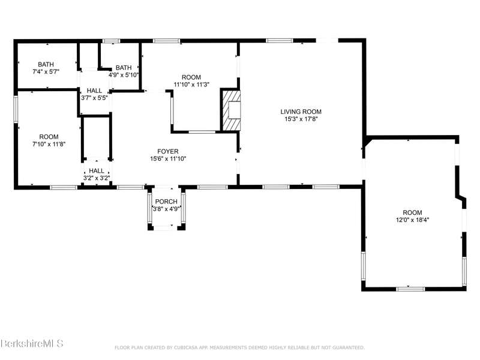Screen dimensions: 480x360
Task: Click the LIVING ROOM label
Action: (x=301, y=112)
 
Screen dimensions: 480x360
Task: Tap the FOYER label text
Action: (x=168, y=152)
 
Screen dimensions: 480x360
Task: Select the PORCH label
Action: (x=166, y=202)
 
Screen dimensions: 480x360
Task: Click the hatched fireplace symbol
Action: (x=231, y=110)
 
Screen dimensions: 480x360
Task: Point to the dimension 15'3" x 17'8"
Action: (x=301, y=119)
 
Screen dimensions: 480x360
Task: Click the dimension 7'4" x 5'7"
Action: (x=46, y=72)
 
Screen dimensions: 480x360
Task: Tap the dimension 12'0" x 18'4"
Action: (x=412, y=220)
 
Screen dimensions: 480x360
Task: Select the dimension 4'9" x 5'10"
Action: (x=124, y=74)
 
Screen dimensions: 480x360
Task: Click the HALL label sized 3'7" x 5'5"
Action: (x=94, y=91)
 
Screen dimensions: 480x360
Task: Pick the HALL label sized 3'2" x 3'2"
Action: (x=97, y=171)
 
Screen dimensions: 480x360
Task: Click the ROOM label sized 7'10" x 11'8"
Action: (x=49, y=137)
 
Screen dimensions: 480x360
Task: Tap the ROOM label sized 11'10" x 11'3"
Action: (x=191, y=77)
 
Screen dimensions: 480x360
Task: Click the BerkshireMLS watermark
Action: (x=32, y=343)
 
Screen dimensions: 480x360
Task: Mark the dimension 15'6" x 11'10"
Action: (x=168, y=159)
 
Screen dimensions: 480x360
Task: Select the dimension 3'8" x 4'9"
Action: (x=166, y=209)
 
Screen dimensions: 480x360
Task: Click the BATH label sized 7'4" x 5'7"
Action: (x=46, y=65)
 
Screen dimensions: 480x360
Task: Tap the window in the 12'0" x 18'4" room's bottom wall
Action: (x=410, y=289)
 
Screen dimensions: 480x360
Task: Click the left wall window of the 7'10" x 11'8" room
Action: (x=16, y=109)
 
